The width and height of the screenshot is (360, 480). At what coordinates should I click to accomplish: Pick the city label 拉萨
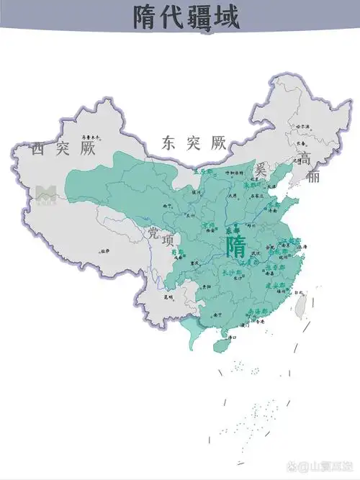click(x=105, y=251)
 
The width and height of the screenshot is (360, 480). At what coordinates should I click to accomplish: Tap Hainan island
click(x=222, y=344)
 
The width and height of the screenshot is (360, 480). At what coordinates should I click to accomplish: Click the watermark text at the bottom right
click(x=325, y=467)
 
